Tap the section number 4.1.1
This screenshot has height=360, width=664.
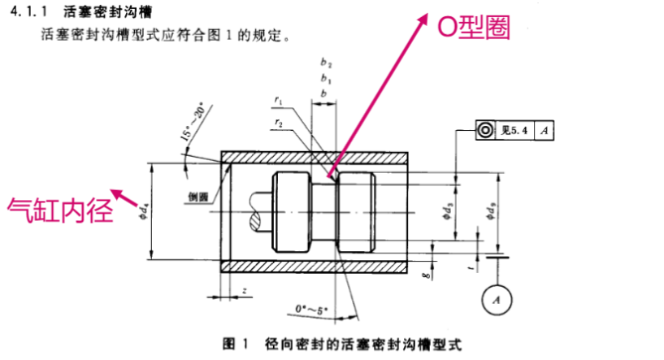[27, 11]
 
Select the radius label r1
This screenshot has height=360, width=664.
[278, 102]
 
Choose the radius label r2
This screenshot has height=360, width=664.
[278, 123]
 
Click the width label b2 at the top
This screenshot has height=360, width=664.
[326, 62]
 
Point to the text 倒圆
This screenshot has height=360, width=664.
[199, 196]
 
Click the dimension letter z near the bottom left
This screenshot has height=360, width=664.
[244, 290]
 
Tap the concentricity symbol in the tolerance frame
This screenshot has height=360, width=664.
[484, 129]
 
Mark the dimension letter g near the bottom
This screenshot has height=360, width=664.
[425, 276]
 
